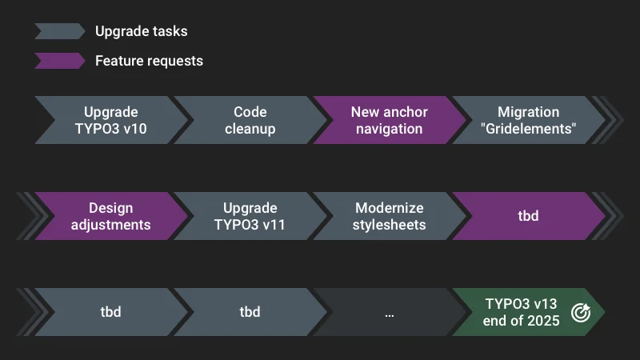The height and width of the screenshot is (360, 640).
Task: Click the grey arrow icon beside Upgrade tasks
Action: [x=58, y=31]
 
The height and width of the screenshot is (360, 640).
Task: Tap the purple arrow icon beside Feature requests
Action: [x=58, y=61]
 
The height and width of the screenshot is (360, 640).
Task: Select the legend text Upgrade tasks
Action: [x=141, y=31]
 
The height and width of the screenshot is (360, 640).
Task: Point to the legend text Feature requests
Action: [x=149, y=61]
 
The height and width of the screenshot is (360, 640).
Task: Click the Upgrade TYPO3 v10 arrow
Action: [x=110, y=120]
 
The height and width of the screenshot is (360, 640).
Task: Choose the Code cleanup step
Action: [x=250, y=120]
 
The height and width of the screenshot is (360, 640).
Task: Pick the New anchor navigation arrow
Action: [x=389, y=120]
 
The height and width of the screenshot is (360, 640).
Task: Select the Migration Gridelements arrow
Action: [x=528, y=120]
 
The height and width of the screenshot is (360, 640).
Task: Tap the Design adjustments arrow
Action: [x=110, y=216]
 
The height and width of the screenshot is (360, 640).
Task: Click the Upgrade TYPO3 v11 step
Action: [x=250, y=216]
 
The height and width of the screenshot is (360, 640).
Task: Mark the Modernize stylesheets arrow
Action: [x=389, y=216]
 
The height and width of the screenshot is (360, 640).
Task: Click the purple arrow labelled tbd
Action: [x=528, y=216]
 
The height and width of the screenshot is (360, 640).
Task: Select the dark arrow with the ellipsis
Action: [x=389, y=312]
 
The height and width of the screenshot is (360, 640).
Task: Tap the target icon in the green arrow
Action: [x=581, y=313]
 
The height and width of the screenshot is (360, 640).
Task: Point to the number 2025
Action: [x=542, y=321]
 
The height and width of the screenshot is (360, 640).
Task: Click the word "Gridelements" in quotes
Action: [x=528, y=129]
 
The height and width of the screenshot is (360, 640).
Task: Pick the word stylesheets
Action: [x=389, y=225]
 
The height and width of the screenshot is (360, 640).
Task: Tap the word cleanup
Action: [x=250, y=129]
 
